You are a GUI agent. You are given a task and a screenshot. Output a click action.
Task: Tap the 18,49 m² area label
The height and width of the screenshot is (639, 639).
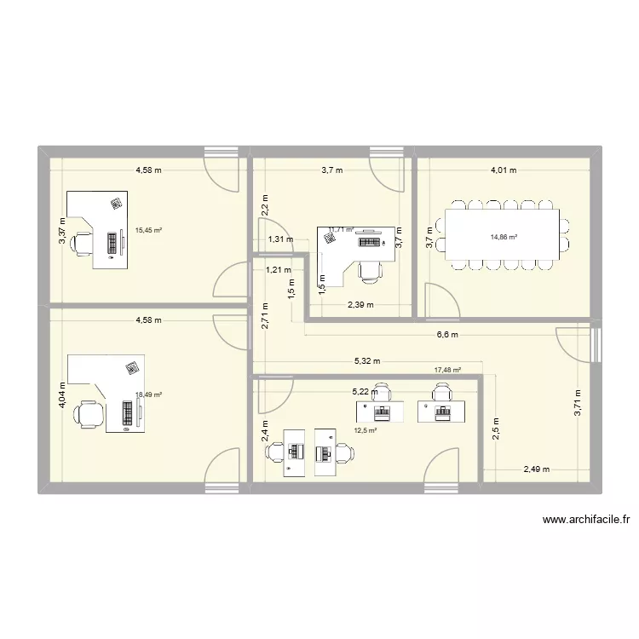148,394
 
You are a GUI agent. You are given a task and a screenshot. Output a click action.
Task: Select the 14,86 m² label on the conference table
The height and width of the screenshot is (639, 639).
503,238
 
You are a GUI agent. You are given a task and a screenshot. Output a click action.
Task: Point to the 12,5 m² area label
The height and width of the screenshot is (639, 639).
366,430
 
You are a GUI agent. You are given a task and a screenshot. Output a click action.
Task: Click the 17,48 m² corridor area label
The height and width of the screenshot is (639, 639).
447,371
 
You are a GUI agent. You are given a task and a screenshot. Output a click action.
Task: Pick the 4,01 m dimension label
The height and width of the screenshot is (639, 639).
503,170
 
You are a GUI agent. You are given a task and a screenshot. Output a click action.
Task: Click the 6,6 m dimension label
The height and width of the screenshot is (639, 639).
447,335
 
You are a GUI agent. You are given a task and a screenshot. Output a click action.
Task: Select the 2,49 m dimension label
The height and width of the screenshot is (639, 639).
537,469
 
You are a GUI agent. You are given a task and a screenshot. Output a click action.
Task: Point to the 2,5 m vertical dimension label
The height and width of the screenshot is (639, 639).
497,426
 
